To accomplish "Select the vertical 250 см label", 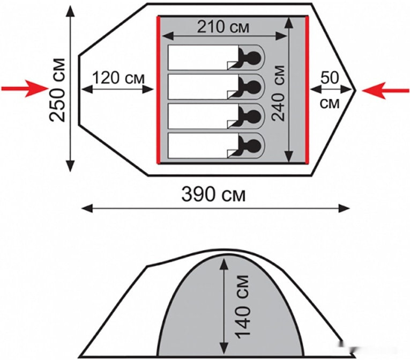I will pyautogui.click(x=58, y=89).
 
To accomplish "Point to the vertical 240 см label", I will pyautogui.click(x=278, y=89).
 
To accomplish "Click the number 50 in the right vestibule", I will pyautogui.click(x=330, y=77).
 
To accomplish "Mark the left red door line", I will pyautogui.click(x=159, y=90).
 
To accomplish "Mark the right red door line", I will pyautogui.click(x=308, y=90).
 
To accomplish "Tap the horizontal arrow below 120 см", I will pyautogui.click(x=118, y=90).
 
